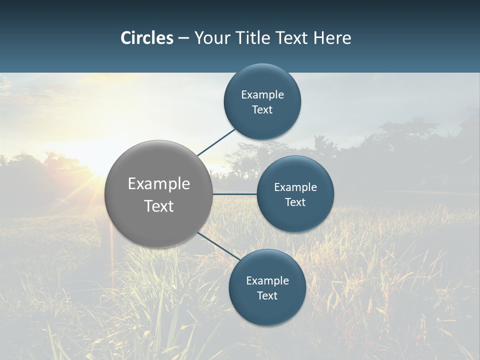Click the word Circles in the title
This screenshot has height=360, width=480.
pyautogui.click(x=147, y=38)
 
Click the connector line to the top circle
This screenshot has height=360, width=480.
pyautogui.click(x=216, y=142)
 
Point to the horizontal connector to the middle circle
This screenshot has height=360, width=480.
pyautogui.click(x=234, y=194)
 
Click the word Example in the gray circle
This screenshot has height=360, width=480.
pyautogui.click(x=159, y=184)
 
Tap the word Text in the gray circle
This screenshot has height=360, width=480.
pyautogui.click(x=159, y=206)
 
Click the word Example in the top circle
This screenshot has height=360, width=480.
pyautogui.click(x=262, y=95)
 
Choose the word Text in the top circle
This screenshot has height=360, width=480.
pyautogui.click(x=262, y=110)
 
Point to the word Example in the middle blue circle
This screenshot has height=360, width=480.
pyautogui.click(x=295, y=187)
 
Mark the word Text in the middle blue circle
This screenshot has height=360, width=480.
pyautogui.click(x=295, y=202)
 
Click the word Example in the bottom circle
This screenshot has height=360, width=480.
pyautogui.click(x=267, y=281)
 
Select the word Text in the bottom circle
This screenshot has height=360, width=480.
pyautogui.click(x=267, y=296)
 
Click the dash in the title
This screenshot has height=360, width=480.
pyautogui.click(x=183, y=38)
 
